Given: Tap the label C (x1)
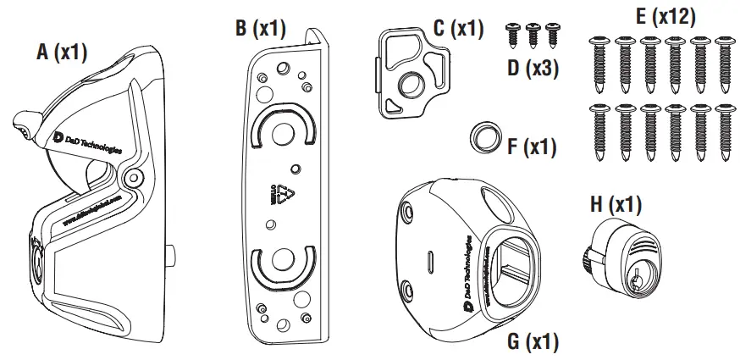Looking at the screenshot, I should tap(458, 27).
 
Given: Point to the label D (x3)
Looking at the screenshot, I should tap(534, 68).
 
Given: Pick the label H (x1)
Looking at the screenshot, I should tap(615, 204).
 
